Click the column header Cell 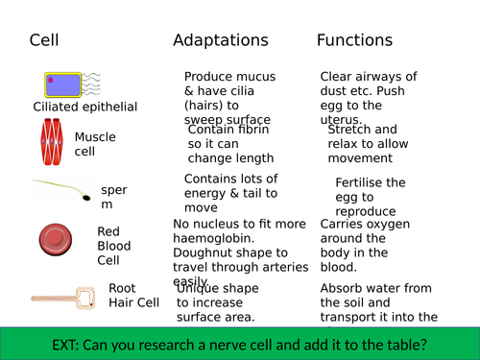pyautogui.click(x=44, y=40)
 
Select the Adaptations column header pyautogui.click(x=220, y=40)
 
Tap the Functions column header pyautogui.click(x=355, y=40)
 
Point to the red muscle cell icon pyautogui.click(x=52, y=140)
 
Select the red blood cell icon pyautogui.click(x=55, y=238)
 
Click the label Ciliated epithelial pyautogui.click(x=85, y=107)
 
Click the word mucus pyautogui.click(x=256, y=77)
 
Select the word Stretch pyautogui.click(x=349, y=129)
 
